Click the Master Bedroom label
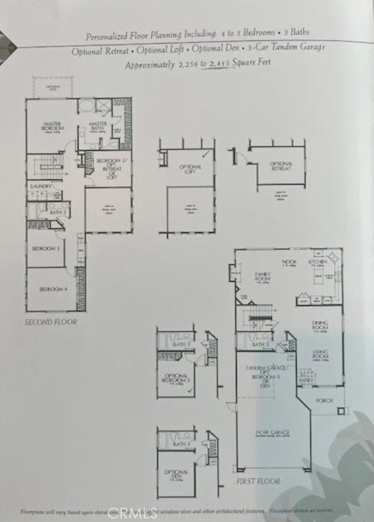coord(52,126)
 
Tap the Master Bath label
coord(98,126)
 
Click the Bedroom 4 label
coord(53,289)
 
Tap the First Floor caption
coord(258,482)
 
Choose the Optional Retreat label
coord(281,165)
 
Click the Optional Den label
coord(175,474)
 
